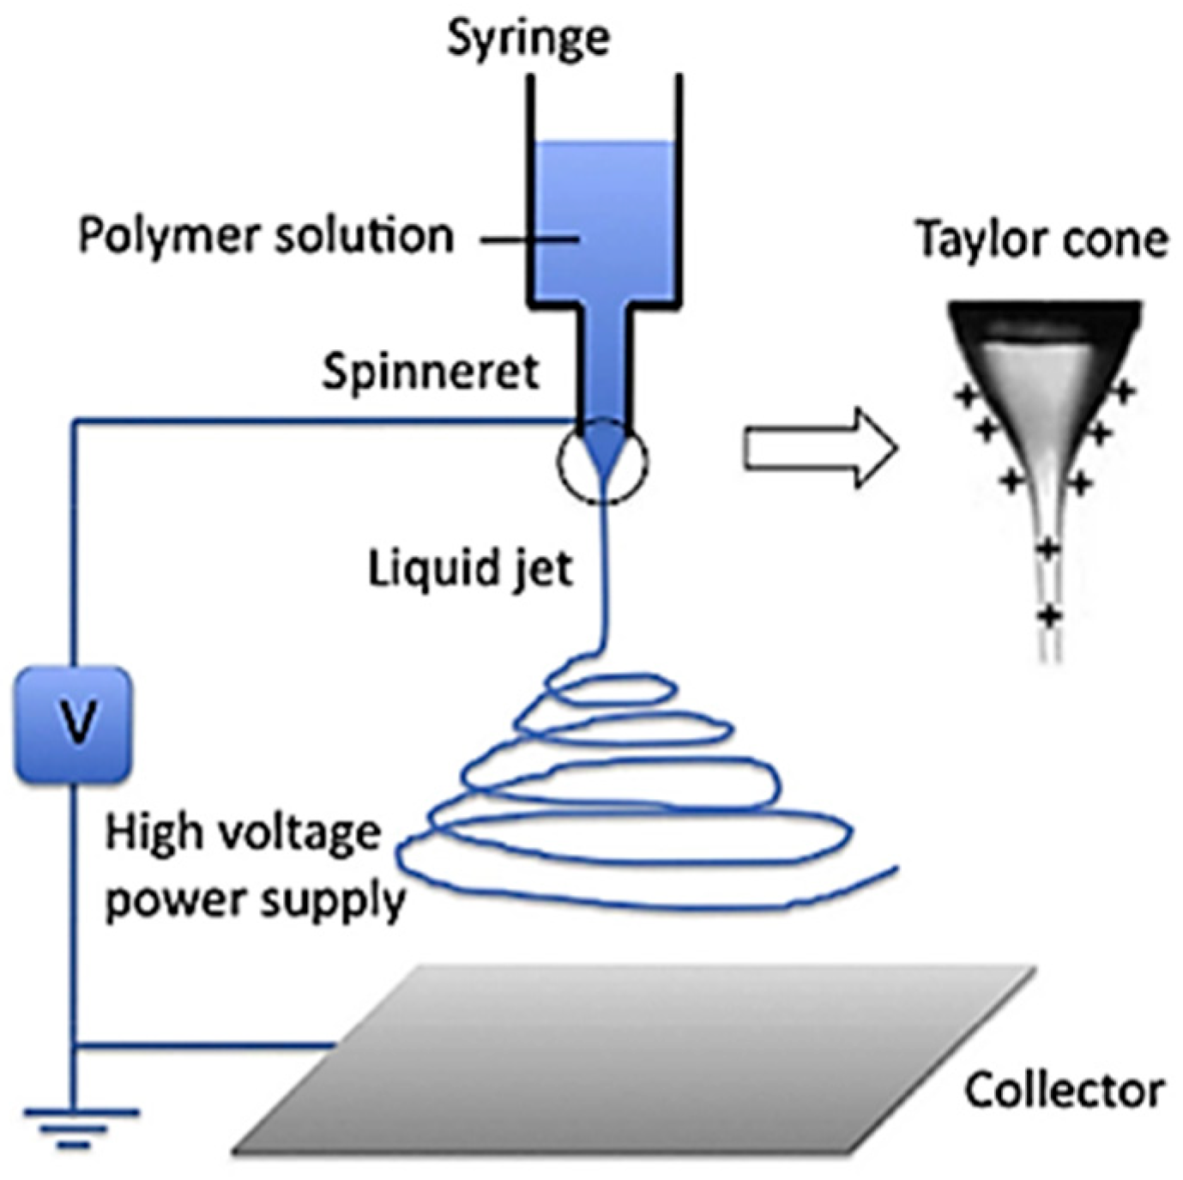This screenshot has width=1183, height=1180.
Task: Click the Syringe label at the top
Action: tap(528, 39)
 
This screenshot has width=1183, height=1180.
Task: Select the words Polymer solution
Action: tap(266, 236)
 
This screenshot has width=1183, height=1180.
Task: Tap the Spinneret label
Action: tap(431, 372)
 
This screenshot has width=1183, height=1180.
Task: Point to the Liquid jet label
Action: tap(470, 568)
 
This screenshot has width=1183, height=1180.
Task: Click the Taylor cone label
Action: tap(1041, 239)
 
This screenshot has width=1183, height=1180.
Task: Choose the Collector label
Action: tap(1064, 1090)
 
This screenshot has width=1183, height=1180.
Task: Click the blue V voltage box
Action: tap(74, 724)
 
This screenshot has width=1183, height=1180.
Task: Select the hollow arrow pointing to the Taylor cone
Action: tap(819, 449)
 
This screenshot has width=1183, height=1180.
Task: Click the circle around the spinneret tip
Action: tap(603, 461)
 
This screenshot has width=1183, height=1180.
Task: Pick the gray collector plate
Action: tap(635, 1060)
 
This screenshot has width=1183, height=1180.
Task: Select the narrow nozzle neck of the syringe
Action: tap(605, 360)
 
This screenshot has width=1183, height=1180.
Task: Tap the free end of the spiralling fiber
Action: tap(895, 868)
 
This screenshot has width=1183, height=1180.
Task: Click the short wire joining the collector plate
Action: tap(206, 1045)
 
